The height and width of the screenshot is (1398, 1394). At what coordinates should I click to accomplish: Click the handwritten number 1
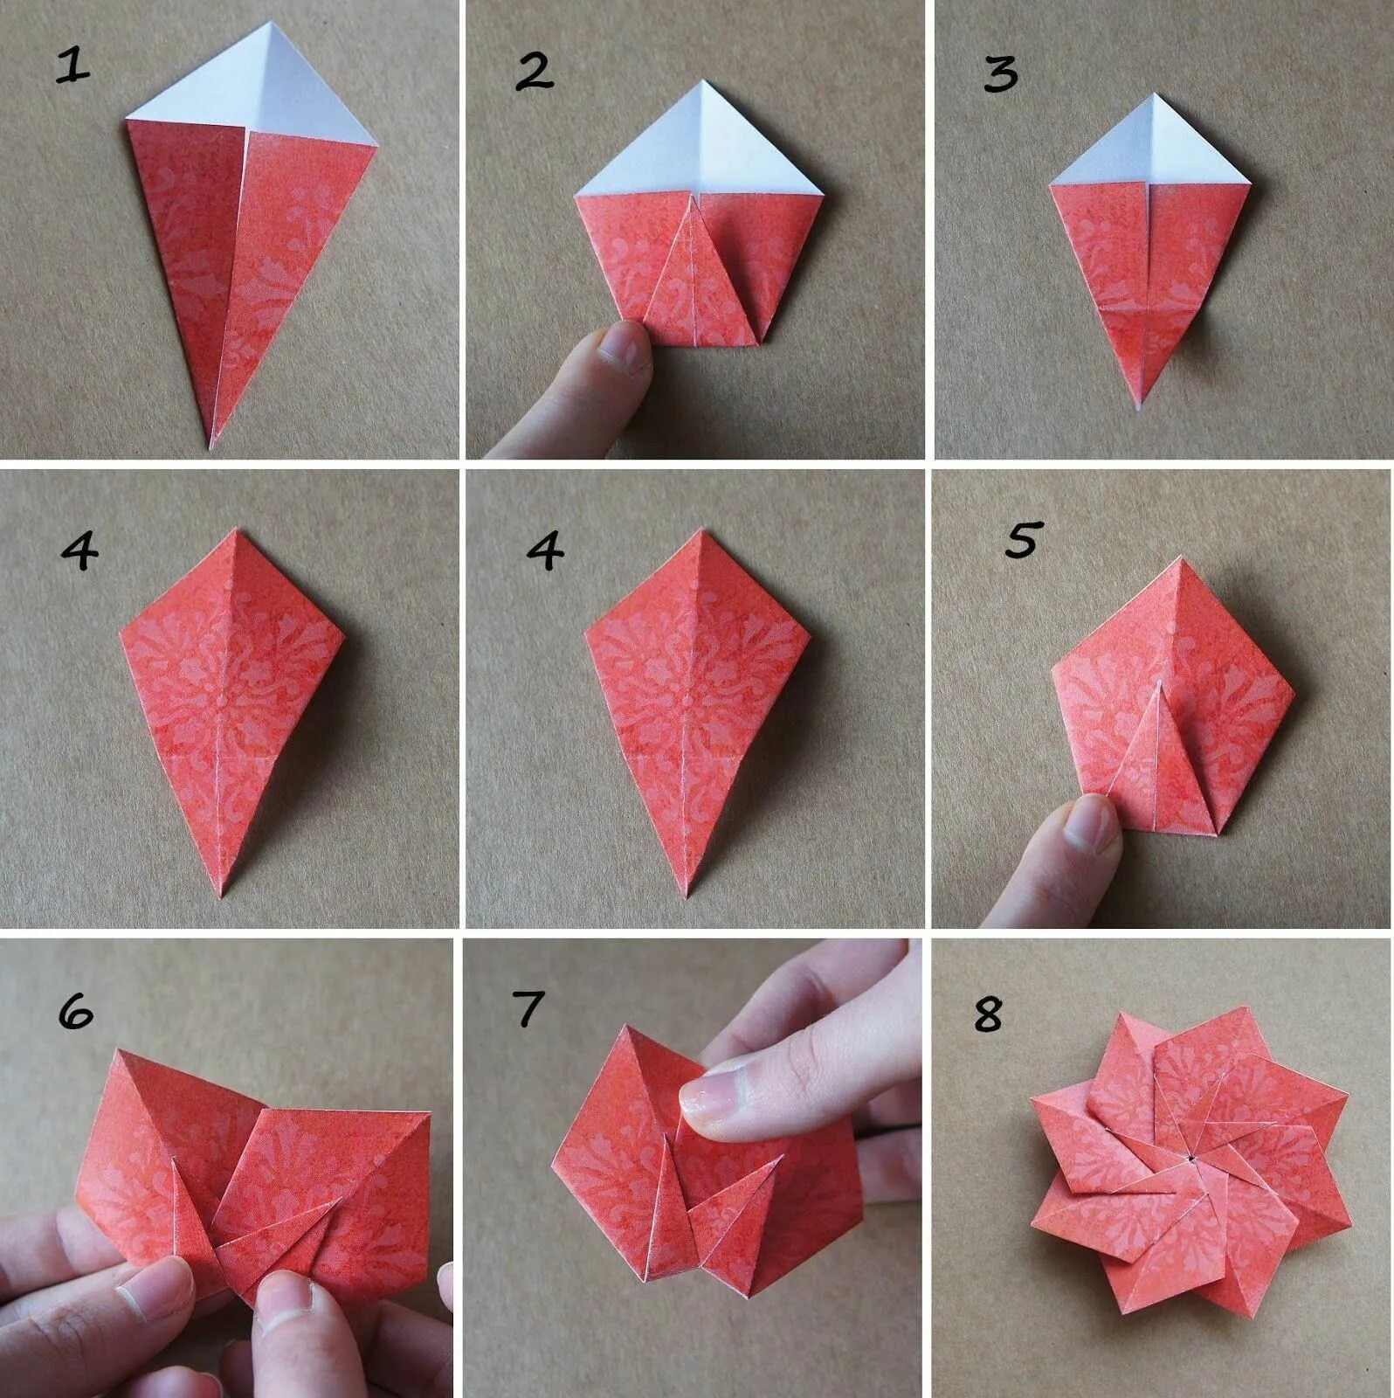click(73, 66)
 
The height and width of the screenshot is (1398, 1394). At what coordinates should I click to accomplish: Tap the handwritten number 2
click(534, 72)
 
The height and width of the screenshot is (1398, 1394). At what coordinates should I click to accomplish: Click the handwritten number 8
click(988, 1014)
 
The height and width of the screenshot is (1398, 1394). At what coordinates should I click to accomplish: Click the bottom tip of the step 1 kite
click(211, 447)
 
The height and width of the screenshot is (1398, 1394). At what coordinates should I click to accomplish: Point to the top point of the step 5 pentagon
click(1181, 558)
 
